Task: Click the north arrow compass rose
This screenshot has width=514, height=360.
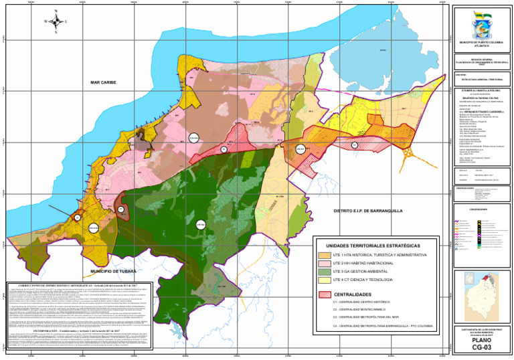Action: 56,21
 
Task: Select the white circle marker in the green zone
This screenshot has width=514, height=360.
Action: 199,224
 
